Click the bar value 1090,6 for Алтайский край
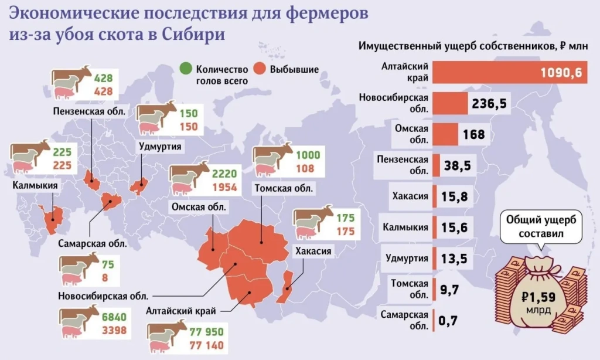tap(561, 73)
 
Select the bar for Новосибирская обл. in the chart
tap(451, 104)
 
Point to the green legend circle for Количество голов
tap(187, 69)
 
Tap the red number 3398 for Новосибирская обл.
tap(115, 330)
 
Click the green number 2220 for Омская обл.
tap(224, 175)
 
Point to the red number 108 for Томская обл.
tap(305, 169)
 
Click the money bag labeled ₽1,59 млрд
tap(540, 293)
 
